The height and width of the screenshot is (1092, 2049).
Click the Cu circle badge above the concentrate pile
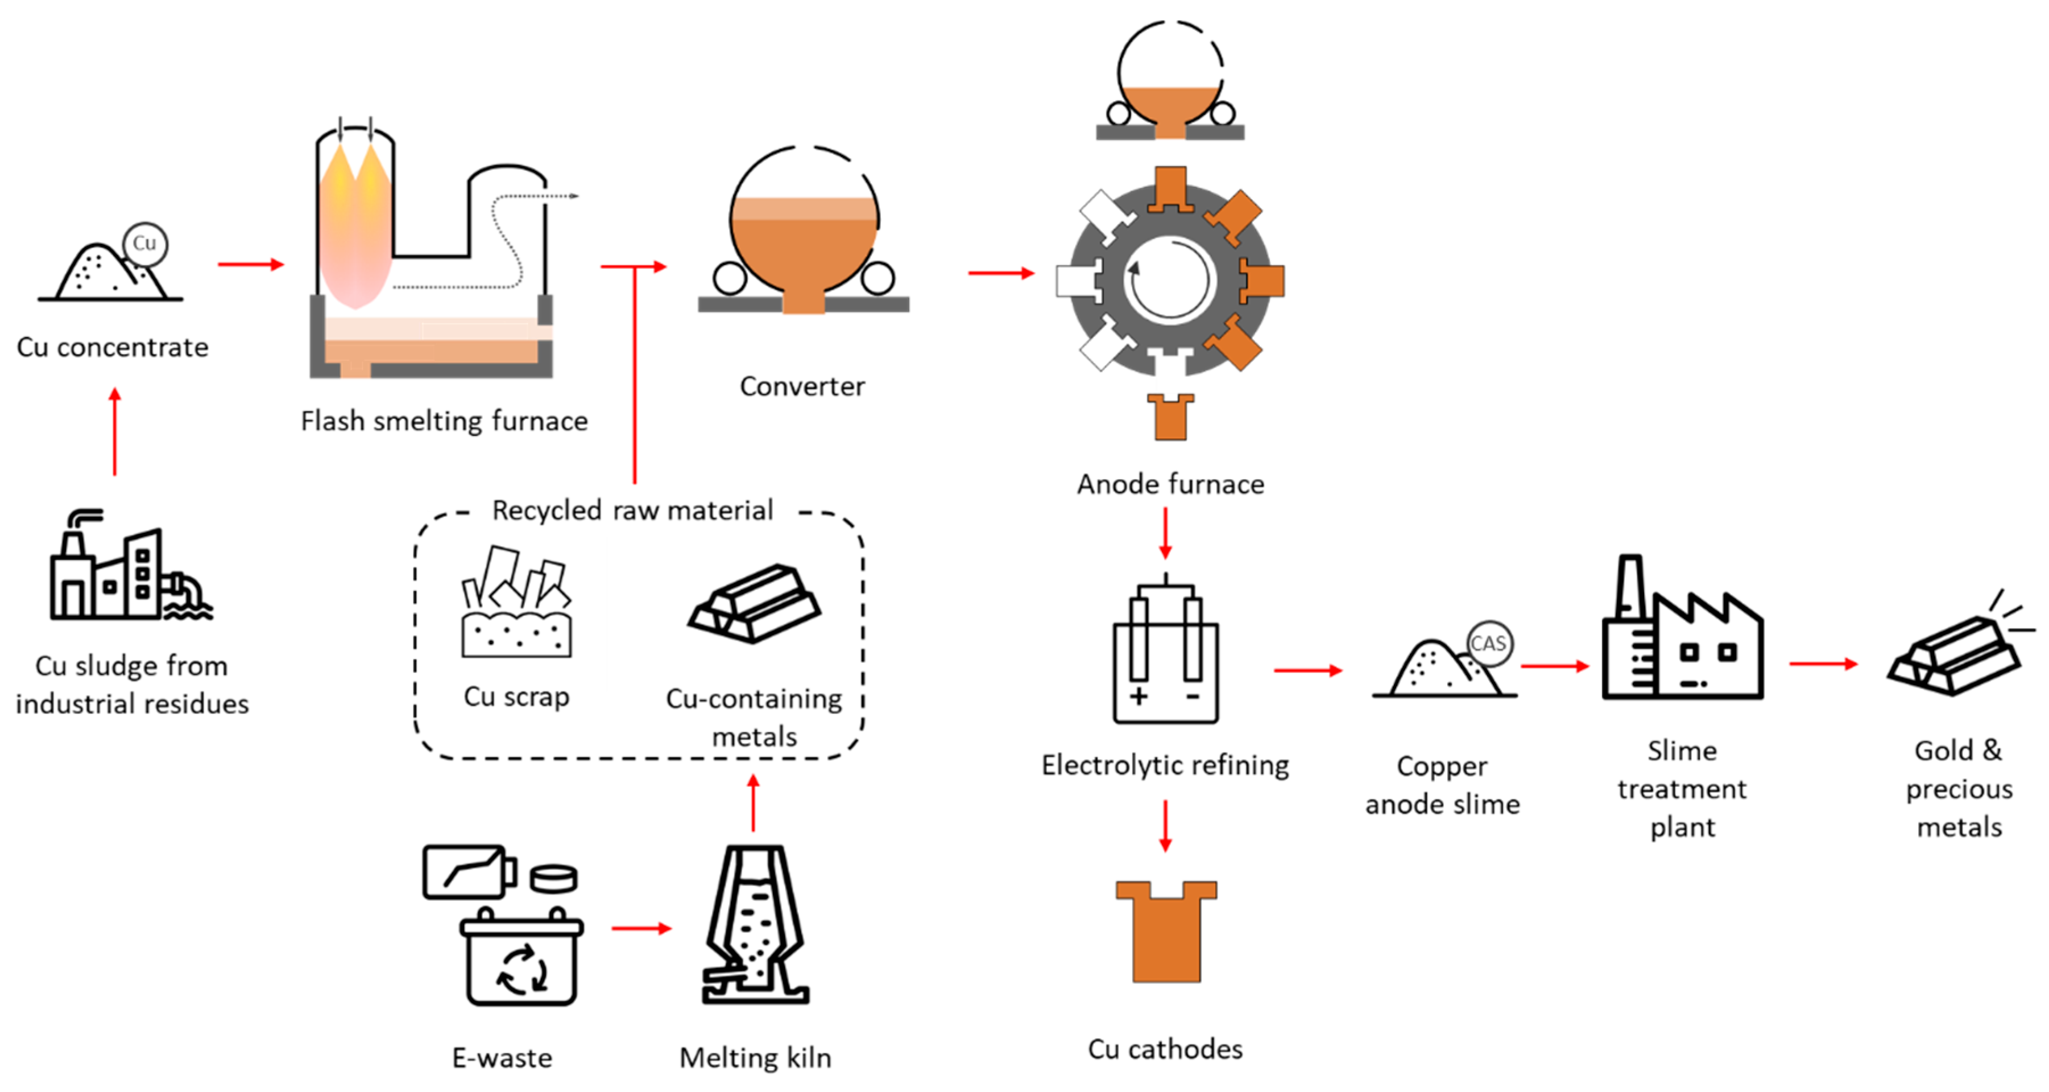pos(145,244)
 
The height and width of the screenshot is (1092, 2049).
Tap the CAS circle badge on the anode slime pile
pos(1488,643)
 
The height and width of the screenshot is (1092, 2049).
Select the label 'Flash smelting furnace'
pos(444,421)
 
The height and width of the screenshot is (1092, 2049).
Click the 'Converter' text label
pos(802,386)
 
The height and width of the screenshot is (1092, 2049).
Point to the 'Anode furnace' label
pos(1170,484)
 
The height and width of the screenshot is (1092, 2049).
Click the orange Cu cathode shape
pos(1166,931)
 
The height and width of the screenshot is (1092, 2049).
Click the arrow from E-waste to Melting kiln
pos(641,928)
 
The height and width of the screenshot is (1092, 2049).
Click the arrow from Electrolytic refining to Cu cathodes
pos(1165,825)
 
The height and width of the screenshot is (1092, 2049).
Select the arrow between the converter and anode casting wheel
pos(1001,273)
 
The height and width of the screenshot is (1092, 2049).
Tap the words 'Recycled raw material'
pos(632,510)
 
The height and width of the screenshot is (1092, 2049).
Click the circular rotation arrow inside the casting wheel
pos(1169,280)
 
